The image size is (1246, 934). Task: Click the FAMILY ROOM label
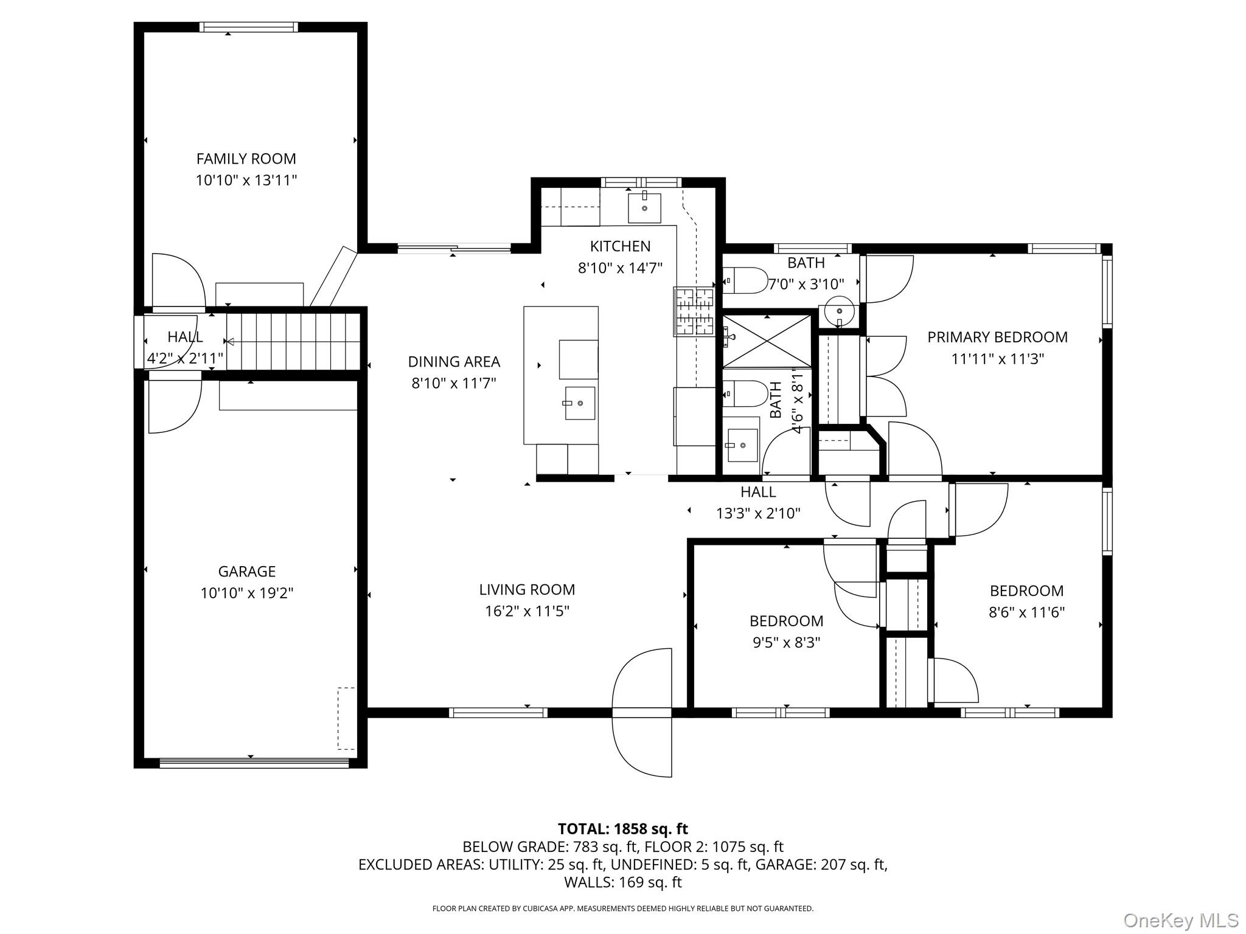click(x=246, y=159)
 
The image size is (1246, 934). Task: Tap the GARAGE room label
click(x=247, y=572)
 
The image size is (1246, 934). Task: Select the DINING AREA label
click(x=454, y=362)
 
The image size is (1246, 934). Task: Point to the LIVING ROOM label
click(x=527, y=589)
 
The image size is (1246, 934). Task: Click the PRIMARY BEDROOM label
click(x=997, y=337)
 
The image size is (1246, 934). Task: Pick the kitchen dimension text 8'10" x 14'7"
click(x=620, y=268)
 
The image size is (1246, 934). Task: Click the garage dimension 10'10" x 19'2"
click(x=247, y=593)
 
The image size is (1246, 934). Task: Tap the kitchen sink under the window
click(x=644, y=207)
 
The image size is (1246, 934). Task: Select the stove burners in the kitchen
click(x=694, y=311)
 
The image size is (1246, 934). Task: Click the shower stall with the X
click(x=767, y=341)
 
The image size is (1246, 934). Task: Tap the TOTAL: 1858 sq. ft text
click(x=622, y=829)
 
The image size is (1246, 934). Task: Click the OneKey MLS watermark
click(x=1181, y=920)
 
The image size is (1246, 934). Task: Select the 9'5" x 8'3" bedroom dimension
click(x=787, y=643)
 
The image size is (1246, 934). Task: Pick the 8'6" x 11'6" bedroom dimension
click(x=1026, y=612)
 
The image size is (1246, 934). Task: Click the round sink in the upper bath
click(x=840, y=313)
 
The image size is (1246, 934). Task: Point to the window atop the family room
click(x=249, y=27)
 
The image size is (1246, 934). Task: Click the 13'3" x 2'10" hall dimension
click(x=758, y=514)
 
